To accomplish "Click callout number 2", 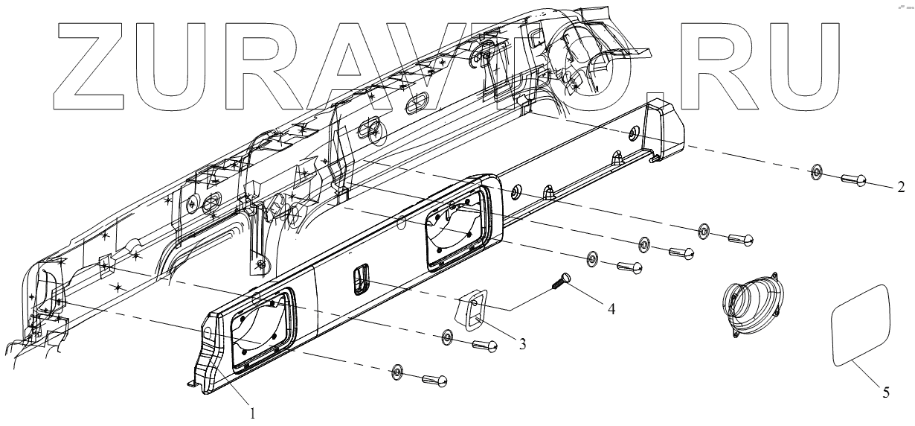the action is [x=901, y=186].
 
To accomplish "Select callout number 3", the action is [x=523, y=344].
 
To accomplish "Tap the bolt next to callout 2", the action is [x=854, y=179].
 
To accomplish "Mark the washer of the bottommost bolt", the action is [x=397, y=372].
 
